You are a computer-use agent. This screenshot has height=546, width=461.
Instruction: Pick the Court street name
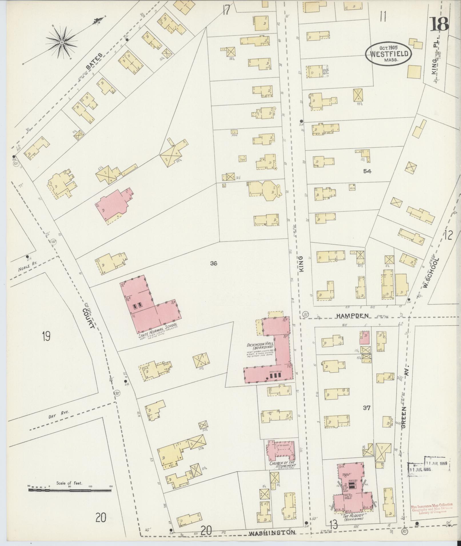coord(88,318)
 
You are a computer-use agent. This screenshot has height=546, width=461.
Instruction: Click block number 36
coord(213,263)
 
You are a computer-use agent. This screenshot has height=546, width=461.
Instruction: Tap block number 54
coord(367,171)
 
